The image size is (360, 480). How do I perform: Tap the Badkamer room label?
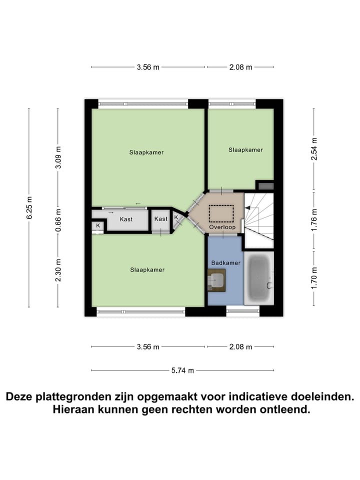point(226,262)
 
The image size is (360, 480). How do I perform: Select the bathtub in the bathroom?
point(259,278)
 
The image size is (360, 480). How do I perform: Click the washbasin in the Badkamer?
point(217,280)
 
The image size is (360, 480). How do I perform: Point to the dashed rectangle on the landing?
point(221,213)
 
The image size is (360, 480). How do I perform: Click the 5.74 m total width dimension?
point(182,370)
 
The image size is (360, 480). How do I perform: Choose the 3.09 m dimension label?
point(58,157)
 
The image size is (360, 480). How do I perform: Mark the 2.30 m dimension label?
point(58,270)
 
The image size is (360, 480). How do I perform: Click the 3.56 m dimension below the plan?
point(148,346)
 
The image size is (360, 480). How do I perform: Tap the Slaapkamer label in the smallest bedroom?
point(245,149)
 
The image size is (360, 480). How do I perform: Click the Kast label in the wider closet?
point(126,219)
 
